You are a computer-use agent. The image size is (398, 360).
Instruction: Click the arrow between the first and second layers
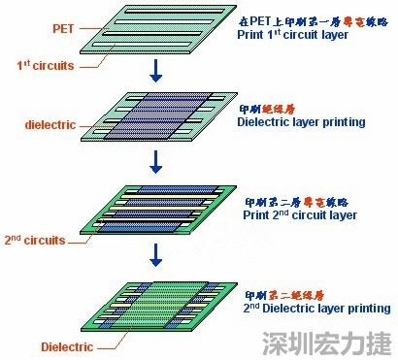(x=153, y=71)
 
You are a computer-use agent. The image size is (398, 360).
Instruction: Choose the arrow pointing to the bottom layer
(x=153, y=253)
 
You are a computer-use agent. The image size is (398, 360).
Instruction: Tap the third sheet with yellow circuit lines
(x=155, y=210)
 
